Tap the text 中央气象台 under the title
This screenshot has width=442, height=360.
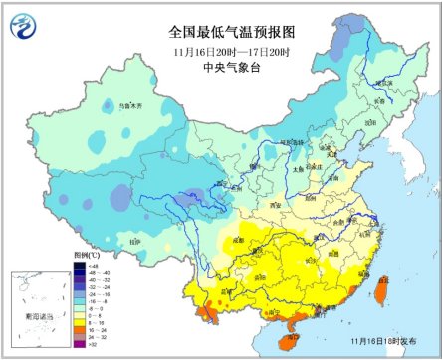click(x=221, y=69)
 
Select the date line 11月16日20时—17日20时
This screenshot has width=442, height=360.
click(x=221, y=51)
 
